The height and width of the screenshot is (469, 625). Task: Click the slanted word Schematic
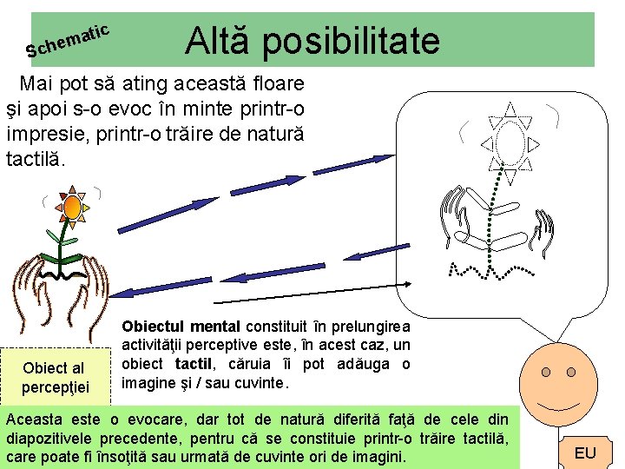[68, 41]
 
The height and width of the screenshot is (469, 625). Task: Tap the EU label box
[585, 452]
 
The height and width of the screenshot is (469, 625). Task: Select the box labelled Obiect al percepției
[53, 376]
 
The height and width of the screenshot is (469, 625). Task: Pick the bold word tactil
[194, 364]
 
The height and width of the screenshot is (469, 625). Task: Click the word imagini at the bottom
[377, 456]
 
